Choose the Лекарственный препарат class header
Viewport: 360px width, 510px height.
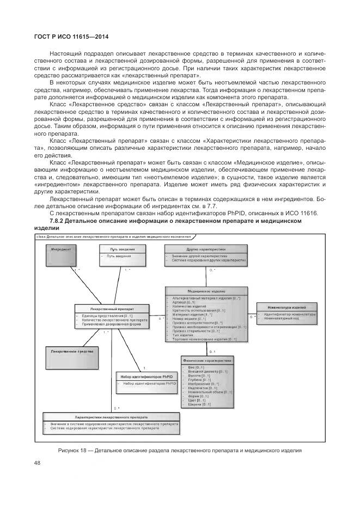pos(112,309)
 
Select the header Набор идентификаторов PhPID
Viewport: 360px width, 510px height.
pos(144,361)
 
